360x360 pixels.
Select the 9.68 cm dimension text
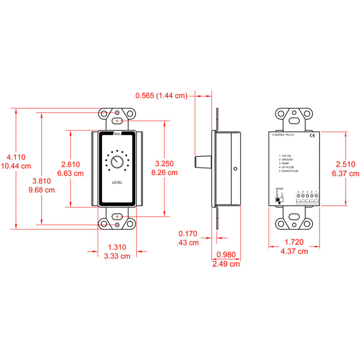point(41,190)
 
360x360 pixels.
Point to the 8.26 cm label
point(165,172)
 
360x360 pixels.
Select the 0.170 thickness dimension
point(188,234)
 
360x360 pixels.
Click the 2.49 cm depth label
point(226,264)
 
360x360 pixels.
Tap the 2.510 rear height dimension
point(346,164)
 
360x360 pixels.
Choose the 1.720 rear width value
point(294,242)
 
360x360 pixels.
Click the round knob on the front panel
point(117,162)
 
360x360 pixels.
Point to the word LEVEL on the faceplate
point(117,183)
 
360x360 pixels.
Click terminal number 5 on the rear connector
point(298,196)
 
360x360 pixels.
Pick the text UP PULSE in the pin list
point(289,167)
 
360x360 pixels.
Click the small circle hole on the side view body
point(235,168)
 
